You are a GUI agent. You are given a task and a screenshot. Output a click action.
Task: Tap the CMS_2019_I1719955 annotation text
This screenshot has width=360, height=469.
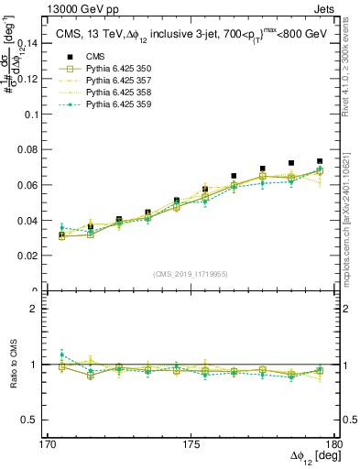point(191,273)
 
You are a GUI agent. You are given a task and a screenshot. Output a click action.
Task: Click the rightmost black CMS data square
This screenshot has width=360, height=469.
point(320,161)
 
